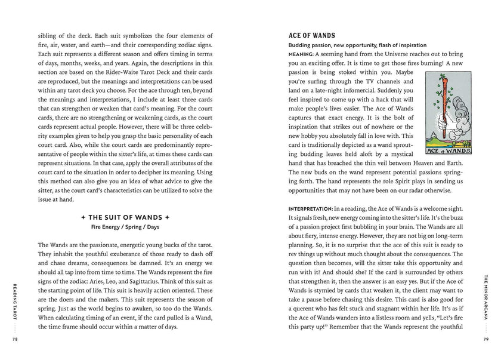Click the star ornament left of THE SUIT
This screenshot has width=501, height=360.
coord(85,217)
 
